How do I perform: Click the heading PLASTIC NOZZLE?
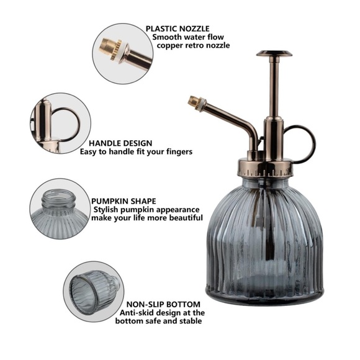(x=178, y=29)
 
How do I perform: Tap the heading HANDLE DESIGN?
(x=120, y=143)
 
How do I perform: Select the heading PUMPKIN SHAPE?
(x=124, y=201)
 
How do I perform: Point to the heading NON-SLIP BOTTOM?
(x=163, y=304)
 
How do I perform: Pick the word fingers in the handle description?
(x=179, y=152)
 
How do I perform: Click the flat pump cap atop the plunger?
(x=274, y=53)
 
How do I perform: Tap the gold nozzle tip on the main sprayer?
(x=193, y=102)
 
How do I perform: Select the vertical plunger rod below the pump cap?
(x=274, y=88)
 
